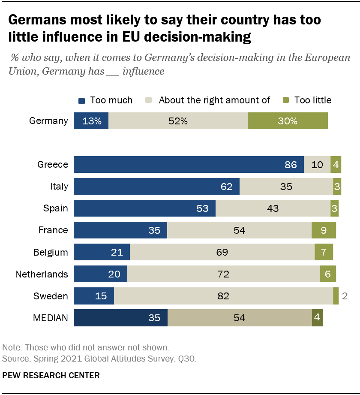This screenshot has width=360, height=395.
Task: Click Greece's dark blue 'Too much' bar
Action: pos(189,165)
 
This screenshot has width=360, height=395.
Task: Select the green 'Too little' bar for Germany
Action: pos(288,121)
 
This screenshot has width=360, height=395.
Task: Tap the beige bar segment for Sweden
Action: pos(223,296)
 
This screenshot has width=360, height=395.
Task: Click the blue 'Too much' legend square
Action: pos(82,100)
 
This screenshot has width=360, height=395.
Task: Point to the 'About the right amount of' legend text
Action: pos(214,100)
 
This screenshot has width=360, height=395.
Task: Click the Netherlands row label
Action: pos(42,274)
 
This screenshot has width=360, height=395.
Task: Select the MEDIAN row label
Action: pos(51,318)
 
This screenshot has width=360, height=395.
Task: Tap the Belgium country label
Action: pos(51,252)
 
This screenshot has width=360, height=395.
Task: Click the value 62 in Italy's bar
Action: pos(227,187)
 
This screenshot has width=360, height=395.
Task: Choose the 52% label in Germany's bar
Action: pos(178,121)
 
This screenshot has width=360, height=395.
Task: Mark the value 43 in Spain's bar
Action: pos(273,208)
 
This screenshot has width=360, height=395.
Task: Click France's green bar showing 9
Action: pos(324,230)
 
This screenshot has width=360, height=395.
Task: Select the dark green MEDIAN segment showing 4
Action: pos(317,318)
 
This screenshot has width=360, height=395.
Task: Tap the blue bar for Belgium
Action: pos(102,252)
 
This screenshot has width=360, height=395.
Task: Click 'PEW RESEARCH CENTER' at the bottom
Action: pos(51,376)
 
